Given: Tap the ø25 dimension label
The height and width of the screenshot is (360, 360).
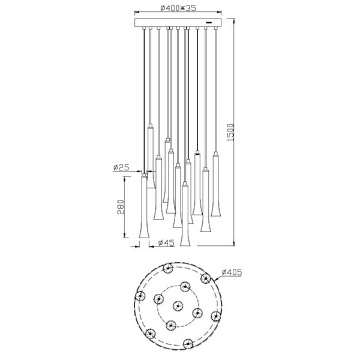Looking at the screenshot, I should (122, 169).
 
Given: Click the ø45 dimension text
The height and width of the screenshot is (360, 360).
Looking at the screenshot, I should (165, 243).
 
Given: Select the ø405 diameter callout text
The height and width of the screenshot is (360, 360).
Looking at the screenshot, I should (232, 272).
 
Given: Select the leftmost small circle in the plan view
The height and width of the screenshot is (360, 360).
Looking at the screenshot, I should (140, 296).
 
